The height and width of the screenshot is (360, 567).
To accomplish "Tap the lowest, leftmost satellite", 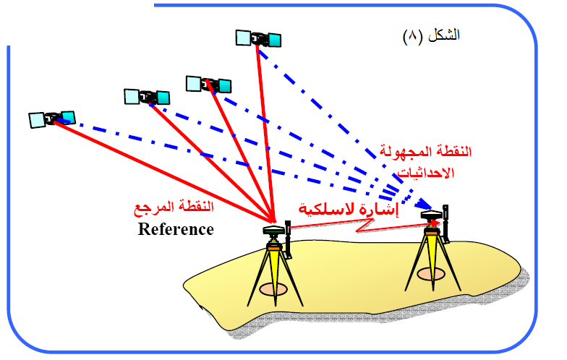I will click(52, 118).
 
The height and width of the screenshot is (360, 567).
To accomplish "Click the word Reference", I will click(176, 230).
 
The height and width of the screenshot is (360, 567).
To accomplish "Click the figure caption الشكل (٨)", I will click(432, 35).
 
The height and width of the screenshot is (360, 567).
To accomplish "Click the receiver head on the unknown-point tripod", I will click(432, 216).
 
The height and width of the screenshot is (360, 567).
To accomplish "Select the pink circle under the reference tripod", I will click(273, 290).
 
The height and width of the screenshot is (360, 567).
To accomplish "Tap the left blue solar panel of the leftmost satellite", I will click(37, 120).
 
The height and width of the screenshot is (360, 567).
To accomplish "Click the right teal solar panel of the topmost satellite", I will click(274, 37).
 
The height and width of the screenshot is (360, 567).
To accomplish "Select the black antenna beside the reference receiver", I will click(288, 240).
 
